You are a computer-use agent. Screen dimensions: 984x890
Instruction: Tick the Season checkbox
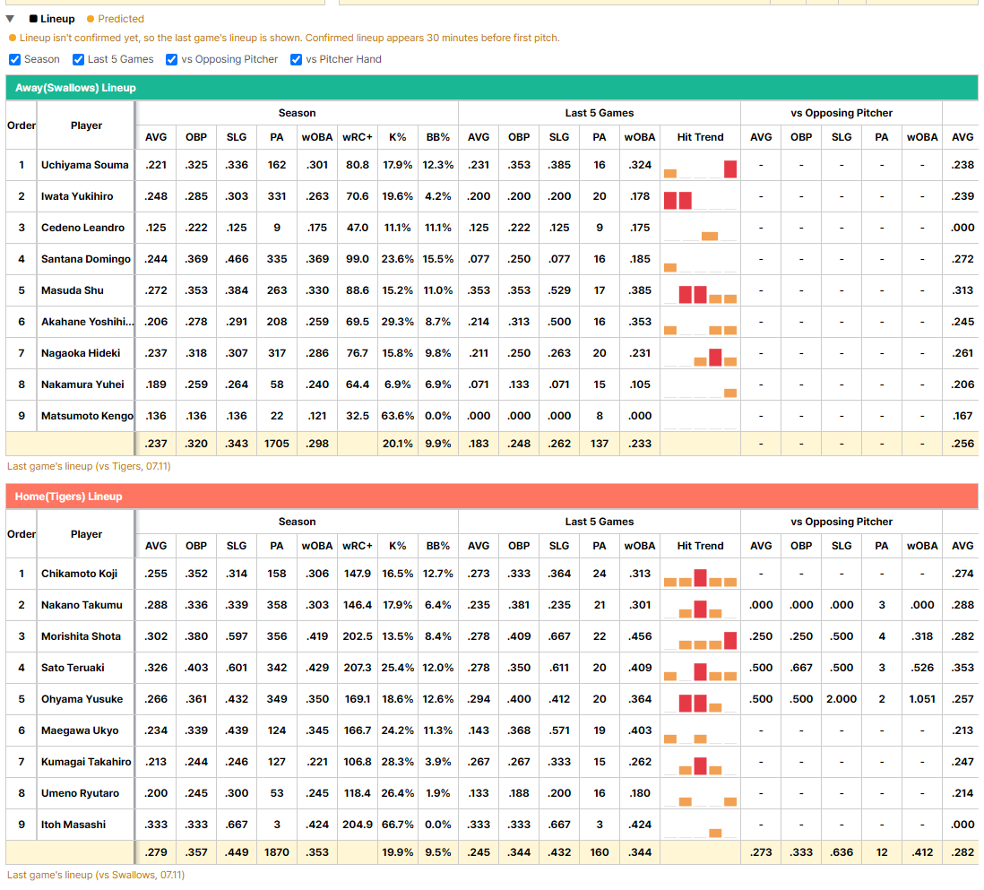point(15,60)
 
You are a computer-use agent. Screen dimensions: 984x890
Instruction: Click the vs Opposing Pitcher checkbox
point(171,60)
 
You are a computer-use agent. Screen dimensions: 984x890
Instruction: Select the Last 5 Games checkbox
point(79,60)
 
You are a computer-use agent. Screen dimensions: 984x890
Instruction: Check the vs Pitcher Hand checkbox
point(297,60)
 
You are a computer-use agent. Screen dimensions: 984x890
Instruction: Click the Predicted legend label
point(120,19)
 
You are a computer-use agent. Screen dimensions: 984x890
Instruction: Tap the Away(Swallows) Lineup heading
point(75,88)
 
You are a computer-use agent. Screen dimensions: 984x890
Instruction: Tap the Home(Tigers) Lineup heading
point(68,497)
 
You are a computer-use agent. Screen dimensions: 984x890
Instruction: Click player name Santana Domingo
point(86,259)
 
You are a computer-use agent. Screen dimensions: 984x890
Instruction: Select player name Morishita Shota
point(81,636)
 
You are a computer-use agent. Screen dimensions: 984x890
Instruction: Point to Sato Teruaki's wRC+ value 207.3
point(358,668)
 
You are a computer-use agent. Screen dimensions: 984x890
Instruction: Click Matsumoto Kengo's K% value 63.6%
point(398,416)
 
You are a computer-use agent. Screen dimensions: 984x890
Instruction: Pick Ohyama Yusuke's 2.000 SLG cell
point(842,699)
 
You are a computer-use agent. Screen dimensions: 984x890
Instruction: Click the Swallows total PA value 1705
point(277,444)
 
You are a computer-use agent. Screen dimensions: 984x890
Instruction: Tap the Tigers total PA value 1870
point(277,852)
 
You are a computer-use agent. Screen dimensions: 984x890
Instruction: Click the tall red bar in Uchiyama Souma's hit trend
point(730,168)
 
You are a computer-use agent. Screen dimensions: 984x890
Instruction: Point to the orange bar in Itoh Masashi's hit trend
point(715,834)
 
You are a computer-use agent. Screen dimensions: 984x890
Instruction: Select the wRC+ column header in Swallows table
point(358,137)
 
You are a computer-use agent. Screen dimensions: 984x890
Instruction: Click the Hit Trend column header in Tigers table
point(700,546)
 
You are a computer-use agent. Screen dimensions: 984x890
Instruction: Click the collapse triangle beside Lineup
point(10,19)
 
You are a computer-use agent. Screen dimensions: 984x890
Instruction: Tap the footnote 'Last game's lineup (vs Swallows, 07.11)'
point(96,875)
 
